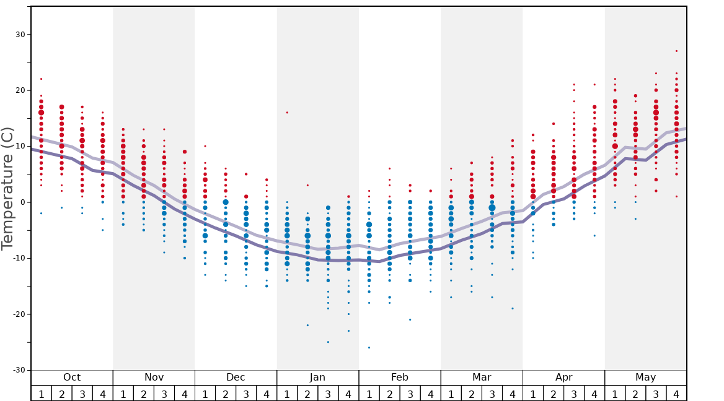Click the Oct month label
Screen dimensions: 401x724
coord(72,377)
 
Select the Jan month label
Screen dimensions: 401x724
coord(317,377)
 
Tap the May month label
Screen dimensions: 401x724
coord(645,377)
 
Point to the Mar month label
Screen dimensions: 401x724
coord(482,377)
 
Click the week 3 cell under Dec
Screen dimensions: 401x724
coord(246,394)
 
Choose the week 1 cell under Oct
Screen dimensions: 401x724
coord(41,394)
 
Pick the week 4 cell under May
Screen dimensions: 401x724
coord(676,394)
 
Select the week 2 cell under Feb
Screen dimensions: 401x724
coord(389,394)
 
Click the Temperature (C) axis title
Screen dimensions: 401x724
coord(7,188)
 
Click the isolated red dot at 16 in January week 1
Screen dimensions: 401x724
coord(287,113)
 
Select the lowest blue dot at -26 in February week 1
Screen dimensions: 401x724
coord(369,348)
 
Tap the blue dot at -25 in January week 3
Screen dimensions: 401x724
coord(328,342)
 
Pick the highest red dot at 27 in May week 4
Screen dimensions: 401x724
coord(676,51)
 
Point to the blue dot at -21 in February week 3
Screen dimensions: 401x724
coord(410,320)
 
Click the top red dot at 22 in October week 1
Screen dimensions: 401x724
coord(41,79)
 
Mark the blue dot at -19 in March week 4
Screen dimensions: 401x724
coord(512,309)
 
